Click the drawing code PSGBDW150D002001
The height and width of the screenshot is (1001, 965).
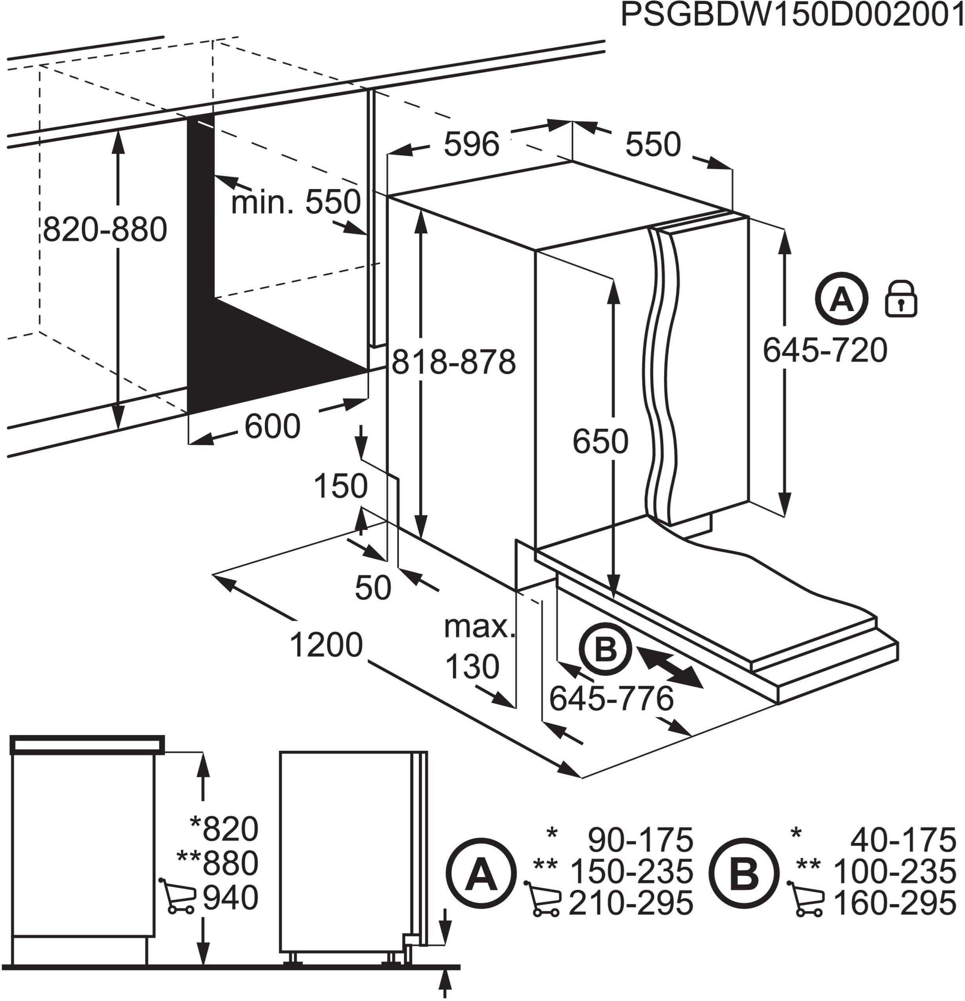click(791, 17)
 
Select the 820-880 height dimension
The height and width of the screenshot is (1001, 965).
click(105, 230)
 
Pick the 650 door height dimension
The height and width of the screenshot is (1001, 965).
click(600, 442)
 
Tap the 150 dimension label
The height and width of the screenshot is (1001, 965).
click(340, 486)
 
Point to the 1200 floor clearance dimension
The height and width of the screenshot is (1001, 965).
click(326, 645)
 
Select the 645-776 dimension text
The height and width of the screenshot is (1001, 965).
click(611, 699)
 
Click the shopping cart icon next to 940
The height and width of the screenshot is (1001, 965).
click(178, 896)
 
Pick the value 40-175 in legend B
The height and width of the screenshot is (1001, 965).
click(902, 840)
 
